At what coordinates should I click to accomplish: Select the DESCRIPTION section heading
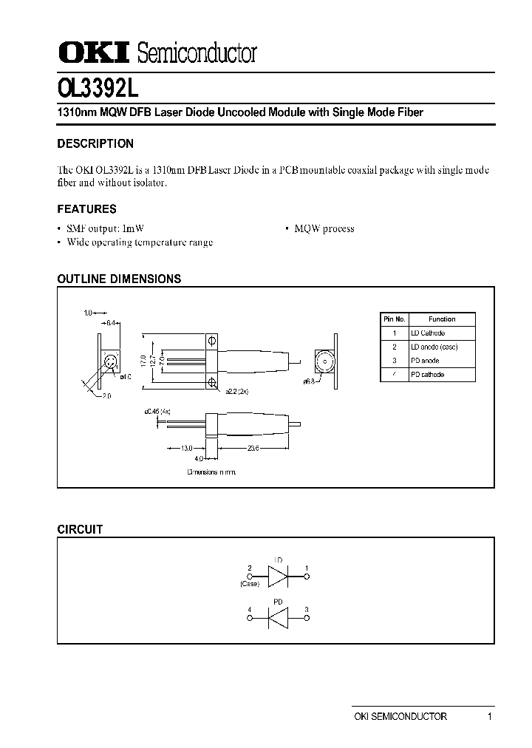click(x=95, y=144)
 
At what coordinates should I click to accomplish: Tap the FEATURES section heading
click(x=86, y=209)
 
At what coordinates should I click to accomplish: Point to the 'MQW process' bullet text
click(x=324, y=228)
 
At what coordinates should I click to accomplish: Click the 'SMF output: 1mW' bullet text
click(x=111, y=228)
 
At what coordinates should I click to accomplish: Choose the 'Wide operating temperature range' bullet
click(x=140, y=242)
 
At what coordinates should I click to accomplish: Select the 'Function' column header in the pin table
click(x=442, y=319)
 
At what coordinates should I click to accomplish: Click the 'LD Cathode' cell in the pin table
click(x=428, y=333)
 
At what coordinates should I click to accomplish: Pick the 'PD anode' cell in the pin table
click(x=425, y=361)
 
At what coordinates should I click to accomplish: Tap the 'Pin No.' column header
click(x=394, y=319)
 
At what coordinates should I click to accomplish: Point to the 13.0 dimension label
click(x=186, y=448)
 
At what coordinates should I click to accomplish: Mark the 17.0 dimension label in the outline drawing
click(x=143, y=361)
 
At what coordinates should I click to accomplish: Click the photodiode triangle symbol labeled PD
click(x=279, y=616)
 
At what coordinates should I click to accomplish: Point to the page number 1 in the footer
click(x=489, y=716)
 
